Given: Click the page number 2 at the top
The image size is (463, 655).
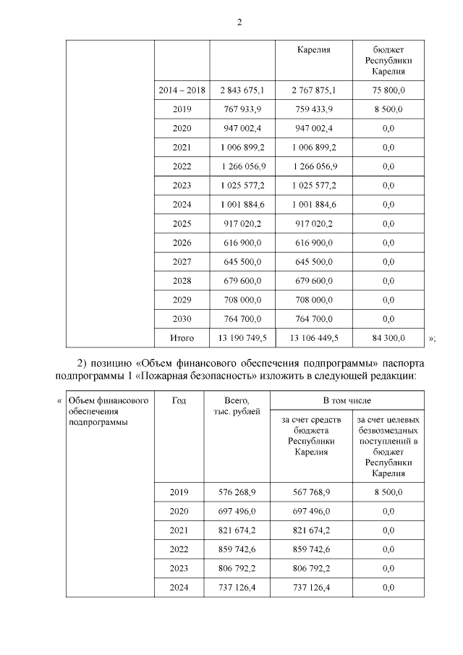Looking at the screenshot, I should pyautogui.click(x=239, y=22).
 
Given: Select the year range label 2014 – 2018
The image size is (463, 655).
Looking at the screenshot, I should pyautogui.click(x=182, y=90).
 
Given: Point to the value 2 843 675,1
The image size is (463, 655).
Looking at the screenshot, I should pyautogui.click(x=242, y=90).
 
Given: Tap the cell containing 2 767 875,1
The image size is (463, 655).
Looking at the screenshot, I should pyautogui.click(x=313, y=90).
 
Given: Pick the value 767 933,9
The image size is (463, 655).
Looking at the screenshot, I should pyautogui.click(x=242, y=109).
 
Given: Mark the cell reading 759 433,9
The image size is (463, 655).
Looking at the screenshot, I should pyautogui.click(x=313, y=109).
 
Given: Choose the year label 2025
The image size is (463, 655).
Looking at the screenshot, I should pyautogui.click(x=182, y=224).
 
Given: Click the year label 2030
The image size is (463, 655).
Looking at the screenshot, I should pyautogui.click(x=182, y=318).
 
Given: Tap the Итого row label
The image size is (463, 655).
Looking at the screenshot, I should pyautogui.click(x=182, y=338).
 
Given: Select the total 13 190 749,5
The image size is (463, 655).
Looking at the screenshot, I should pyautogui.click(x=242, y=338).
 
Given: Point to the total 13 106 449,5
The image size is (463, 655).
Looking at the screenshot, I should pyautogui.click(x=313, y=338).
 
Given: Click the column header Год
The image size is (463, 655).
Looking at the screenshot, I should pyautogui.click(x=182, y=400).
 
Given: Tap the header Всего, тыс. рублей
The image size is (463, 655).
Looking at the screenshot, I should pyautogui.click(x=238, y=405).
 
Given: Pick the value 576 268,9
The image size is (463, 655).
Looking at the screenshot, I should pyautogui.click(x=238, y=492).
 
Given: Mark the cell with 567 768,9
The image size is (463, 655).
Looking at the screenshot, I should pyautogui.click(x=313, y=492).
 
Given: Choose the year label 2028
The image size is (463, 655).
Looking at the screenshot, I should pyautogui.click(x=182, y=281).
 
